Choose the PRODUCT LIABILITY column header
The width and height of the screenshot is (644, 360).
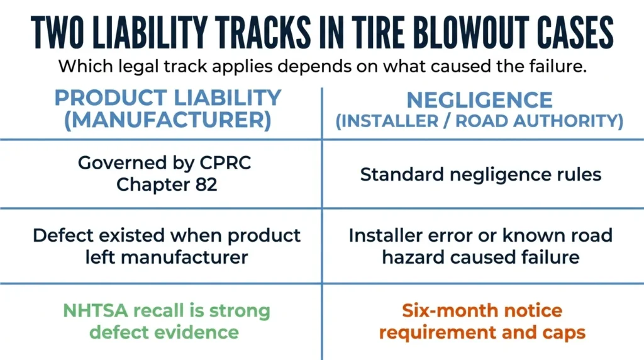point(167,98)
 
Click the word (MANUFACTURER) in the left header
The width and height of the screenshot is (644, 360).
point(167,120)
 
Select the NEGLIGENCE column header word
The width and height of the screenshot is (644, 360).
point(479,100)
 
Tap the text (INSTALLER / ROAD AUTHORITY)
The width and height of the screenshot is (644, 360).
point(479,121)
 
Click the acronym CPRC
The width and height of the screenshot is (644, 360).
point(225,163)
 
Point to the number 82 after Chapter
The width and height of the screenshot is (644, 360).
point(206,184)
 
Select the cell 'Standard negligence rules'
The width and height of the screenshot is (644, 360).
point(480,175)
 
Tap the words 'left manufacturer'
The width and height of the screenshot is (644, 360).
point(166,257)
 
